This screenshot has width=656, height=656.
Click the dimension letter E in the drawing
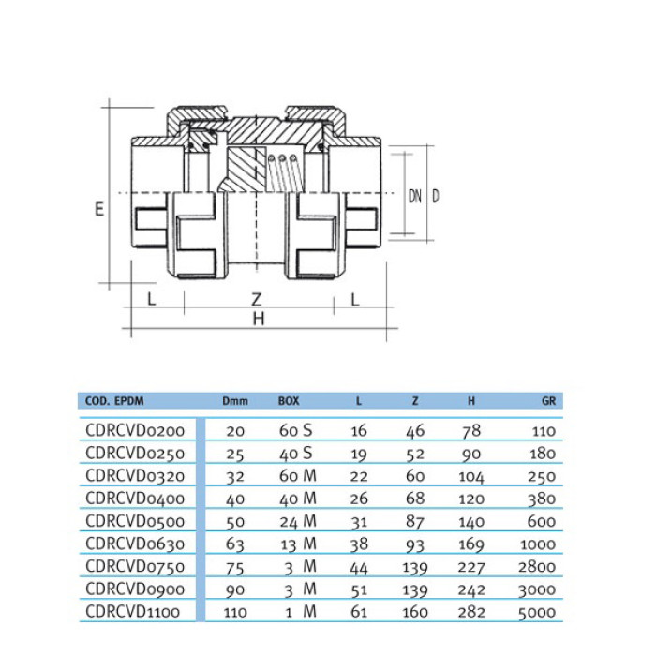pyautogui.click(x=99, y=208)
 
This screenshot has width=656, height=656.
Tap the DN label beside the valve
pyautogui.click(x=414, y=196)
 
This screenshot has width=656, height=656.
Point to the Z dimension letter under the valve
pyautogui.click(x=257, y=299)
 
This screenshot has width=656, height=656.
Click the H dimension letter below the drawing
pyautogui.click(x=259, y=319)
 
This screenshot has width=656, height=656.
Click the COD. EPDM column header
pyautogui.click(x=114, y=401)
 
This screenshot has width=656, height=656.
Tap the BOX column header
pyautogui.click(x=289, y=401)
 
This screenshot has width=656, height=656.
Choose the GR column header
pyautogui.click(x=548, y=401)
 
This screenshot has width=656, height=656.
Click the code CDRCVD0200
pyautogui.click(x=135, y=430)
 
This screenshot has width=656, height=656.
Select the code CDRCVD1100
pyautogui.click(x=133, y=612)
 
